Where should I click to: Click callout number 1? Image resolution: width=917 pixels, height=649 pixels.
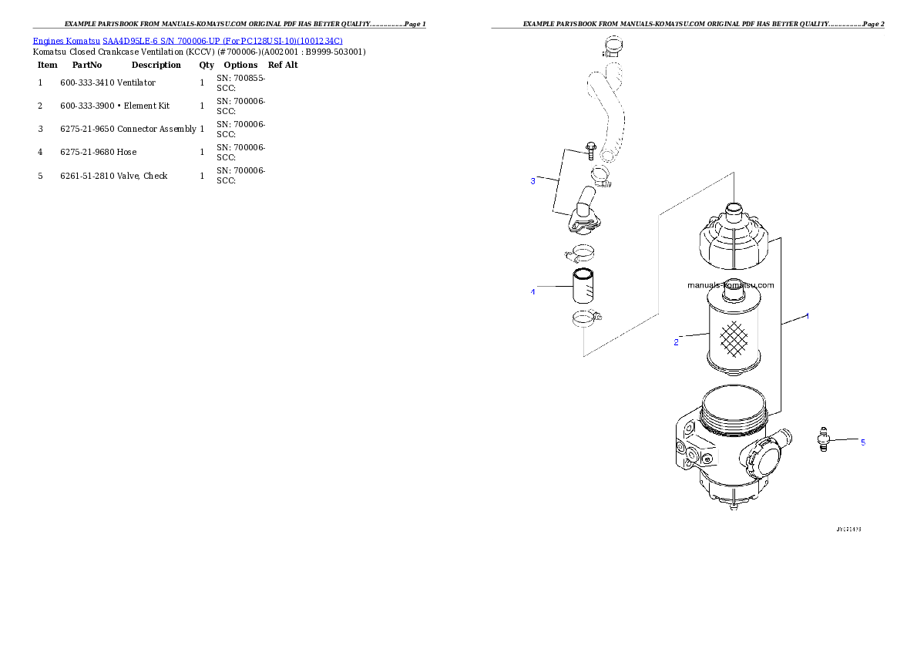pyautogui.click(x=807, y=316)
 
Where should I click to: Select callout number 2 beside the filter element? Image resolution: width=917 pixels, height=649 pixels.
pyautogui.click(x=676, y=342)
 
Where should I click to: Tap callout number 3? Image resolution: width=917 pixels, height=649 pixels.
pyautogui.click(x=532, y=181)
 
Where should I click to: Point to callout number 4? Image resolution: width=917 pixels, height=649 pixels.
pyautogui.click(x=532, y=292)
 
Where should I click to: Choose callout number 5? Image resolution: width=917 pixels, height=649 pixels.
pyautogui.click(x=862, y=442)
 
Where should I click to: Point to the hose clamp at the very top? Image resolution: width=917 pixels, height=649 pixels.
pyautogui.click(x=614, y=47)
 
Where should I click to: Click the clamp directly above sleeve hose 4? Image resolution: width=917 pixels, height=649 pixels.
pyautogui.click(x=580, y=252)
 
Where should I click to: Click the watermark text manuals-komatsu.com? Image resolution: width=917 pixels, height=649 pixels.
pyautogui.click(x=731, y=285)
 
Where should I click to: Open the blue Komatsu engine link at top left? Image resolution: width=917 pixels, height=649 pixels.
pyautogui.click(x=187, y=40)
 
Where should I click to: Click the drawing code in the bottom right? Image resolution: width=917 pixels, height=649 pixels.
pyautogui.click(x=848, y=530)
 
